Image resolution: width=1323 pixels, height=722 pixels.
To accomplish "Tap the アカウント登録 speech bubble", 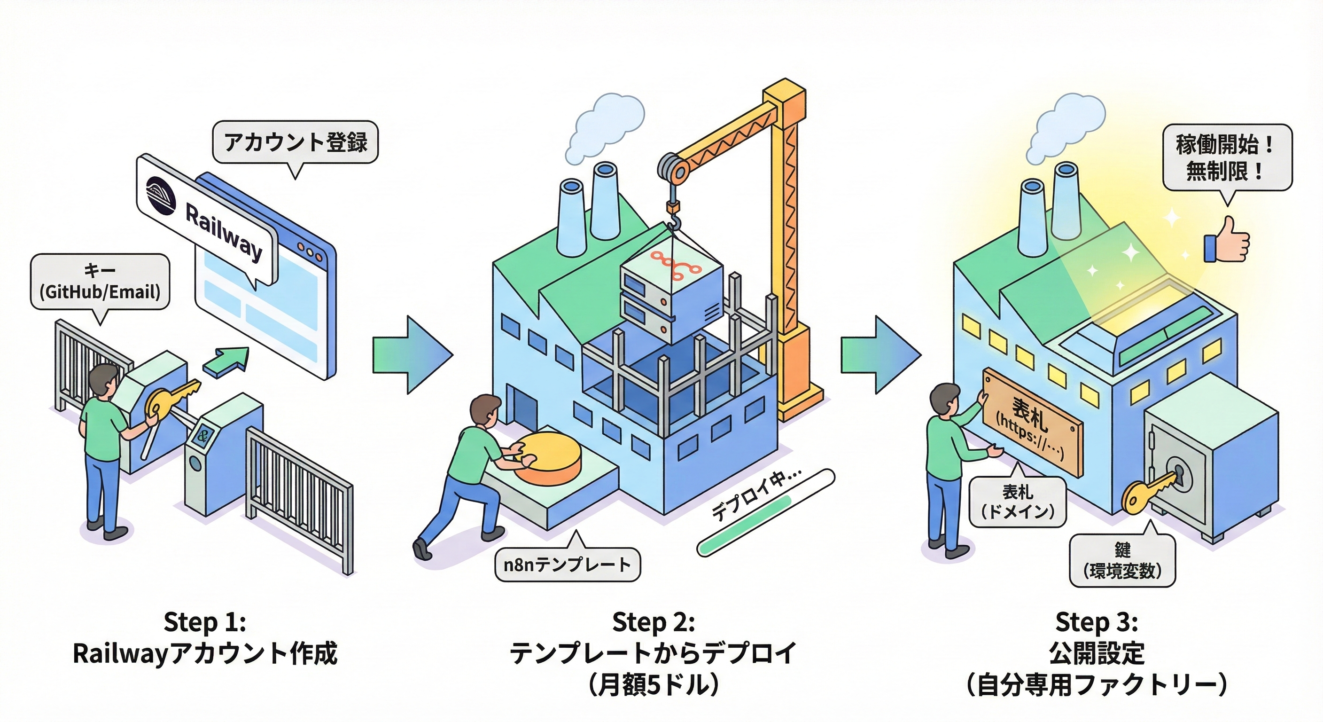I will coord(296,142).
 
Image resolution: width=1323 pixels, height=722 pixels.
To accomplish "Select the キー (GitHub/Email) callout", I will coord(100,282).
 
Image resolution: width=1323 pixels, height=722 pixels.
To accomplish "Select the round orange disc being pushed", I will coord(547,458).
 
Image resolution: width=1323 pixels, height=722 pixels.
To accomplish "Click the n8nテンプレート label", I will coord(567,565).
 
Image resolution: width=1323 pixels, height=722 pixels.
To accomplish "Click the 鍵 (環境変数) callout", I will coord(1122,561).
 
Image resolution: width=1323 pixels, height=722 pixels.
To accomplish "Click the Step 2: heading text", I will coord(654,622).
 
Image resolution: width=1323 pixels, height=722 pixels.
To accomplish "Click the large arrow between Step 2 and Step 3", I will coord(881,354).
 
